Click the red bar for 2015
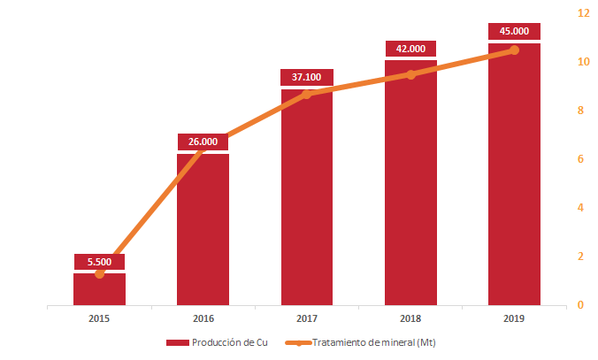(x=99, y=290)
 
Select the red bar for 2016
(x=203, y=230)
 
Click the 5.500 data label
(x=99, y=262)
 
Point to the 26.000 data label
(x=203, y=142)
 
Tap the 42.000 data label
(x=410, y=49)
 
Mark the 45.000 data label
(x=514, y=31)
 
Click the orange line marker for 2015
(x=99, y=273)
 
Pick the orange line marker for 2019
(x=514, y=50)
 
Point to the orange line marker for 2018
(x=410, y=74)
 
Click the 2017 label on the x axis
(x=306, y=318)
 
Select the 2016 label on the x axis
(x=203, y=318)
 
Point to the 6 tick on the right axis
(x=580, y=159)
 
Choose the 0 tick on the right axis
(x=580, y=305)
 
